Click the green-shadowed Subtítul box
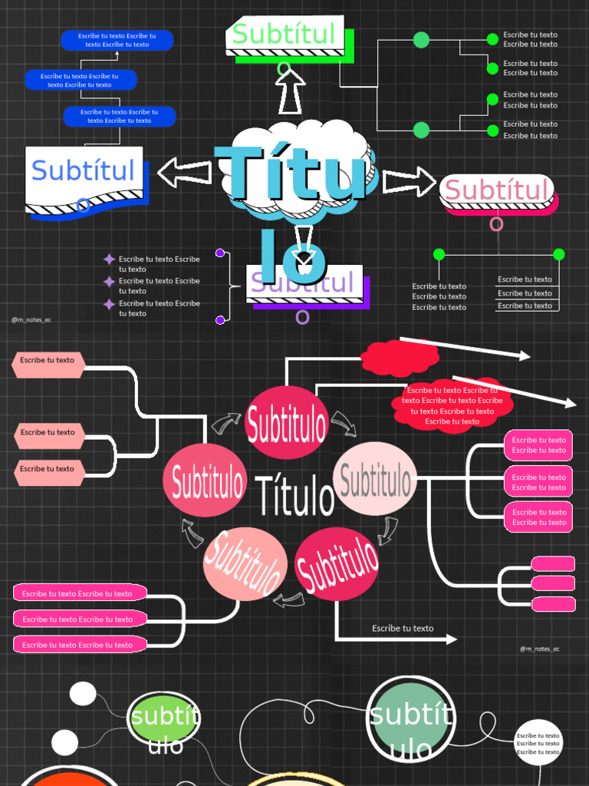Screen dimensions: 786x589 285,35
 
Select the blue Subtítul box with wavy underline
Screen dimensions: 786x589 84,177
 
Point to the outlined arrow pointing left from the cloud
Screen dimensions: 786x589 184,173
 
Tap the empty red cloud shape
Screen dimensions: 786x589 400,357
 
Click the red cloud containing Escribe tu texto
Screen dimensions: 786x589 452,405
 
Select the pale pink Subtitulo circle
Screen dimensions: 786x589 375,480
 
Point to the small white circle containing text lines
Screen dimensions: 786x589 538,743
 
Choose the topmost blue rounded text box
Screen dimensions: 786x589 117,40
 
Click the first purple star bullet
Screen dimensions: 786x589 110,259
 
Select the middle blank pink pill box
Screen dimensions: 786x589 553,583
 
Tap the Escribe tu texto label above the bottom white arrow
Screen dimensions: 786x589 403,629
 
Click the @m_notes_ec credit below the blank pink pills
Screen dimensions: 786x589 539,649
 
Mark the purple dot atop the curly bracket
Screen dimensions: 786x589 220,253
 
